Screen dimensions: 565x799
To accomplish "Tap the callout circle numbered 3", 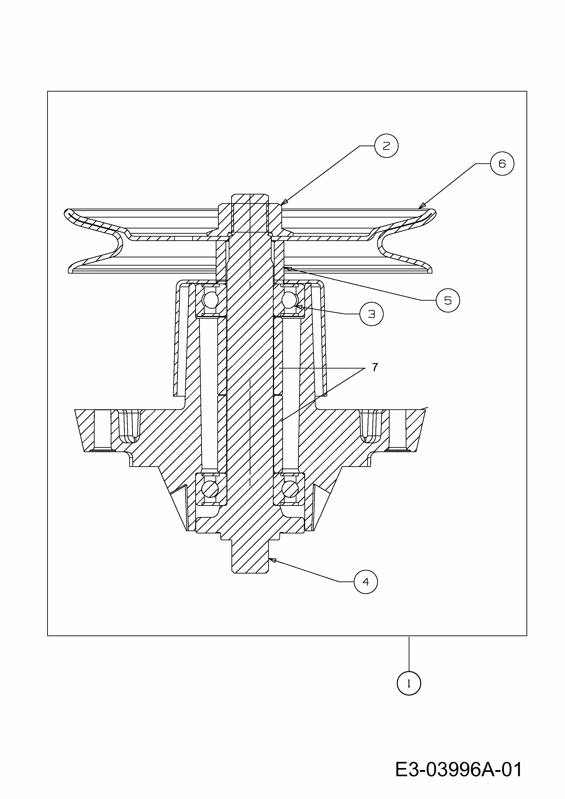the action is [x=371, y=314].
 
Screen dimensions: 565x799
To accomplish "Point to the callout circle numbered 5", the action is [x=448, y=300].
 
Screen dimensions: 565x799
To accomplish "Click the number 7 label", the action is [x=375, y=367].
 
